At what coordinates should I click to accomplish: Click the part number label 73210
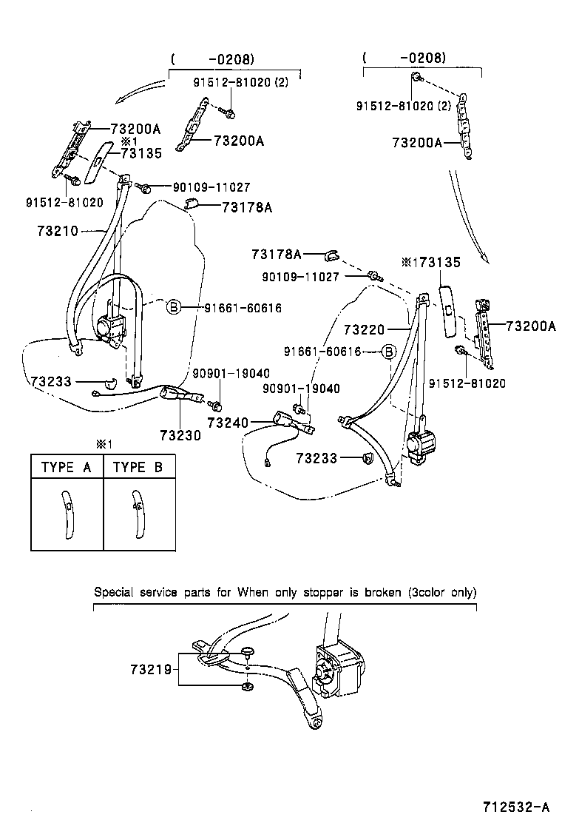pos(57,232)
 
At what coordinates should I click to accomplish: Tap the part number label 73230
pos(180,435)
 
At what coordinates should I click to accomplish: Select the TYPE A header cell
pos(67,467)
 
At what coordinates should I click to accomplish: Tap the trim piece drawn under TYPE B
pos(138,513)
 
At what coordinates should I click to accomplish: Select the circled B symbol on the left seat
pos(173,307)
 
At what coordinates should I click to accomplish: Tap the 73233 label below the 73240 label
pos(317,459)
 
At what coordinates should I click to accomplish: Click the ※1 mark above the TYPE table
pos(103,444)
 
